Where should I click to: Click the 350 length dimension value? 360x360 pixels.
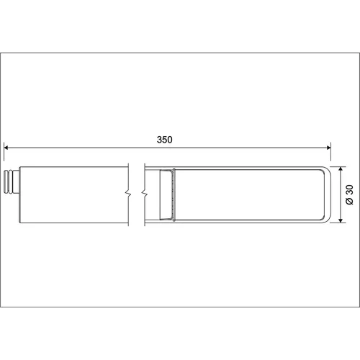[x=164, y=140]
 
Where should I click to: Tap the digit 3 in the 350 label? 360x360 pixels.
[x=159, y=140]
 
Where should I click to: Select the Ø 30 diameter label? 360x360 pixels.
[x=350, y=194]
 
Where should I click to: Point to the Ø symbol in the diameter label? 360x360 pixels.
[x=350, y=202]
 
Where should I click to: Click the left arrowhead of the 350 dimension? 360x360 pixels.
[x=6, y=148]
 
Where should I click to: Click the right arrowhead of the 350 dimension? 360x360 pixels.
[x=328, y=148]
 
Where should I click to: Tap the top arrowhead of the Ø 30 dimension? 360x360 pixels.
[x=341, y=169]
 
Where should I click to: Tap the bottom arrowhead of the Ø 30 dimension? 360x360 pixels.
[x=341, y=220]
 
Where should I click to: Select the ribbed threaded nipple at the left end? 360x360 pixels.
[x=9, y=182]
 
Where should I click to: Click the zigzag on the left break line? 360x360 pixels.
[x=128, y=193]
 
